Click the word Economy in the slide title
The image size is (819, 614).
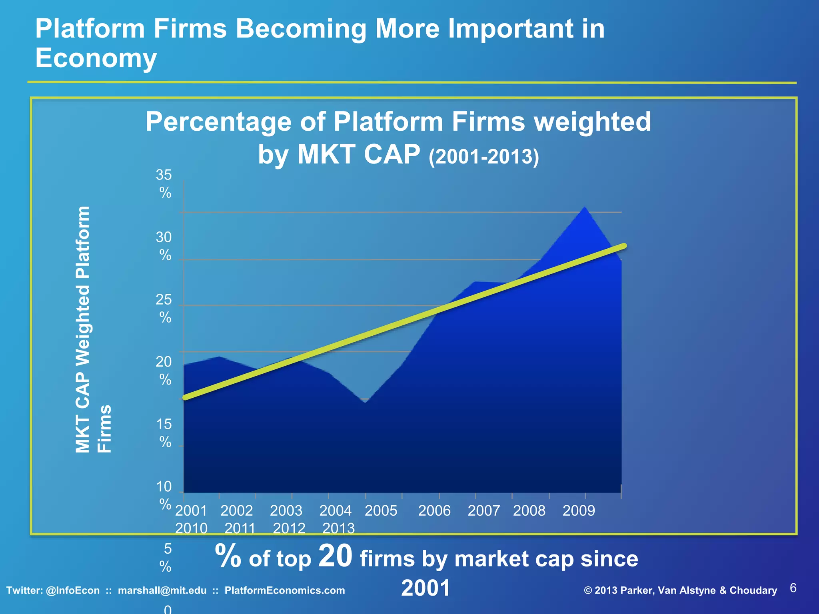(x=96, y=58)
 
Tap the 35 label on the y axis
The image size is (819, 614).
(x=164, y=175)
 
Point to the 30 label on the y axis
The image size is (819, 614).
(x=164, y=237)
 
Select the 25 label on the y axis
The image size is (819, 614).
(x=164, y=300)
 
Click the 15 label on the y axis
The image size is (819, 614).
(x=164, y=425)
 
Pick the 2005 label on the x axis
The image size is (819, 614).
(x=381, y=511)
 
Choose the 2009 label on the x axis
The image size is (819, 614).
(x=579, y=511)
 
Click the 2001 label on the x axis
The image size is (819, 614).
(x=191, y=511)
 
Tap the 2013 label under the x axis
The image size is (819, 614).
(x=338, y=528)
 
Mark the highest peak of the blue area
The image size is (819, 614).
(x=585, y=207)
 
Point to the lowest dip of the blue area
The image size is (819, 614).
(x=366, y=402)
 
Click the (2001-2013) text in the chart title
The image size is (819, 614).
(x=483, y=157)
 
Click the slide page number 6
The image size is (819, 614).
(x=793, y=588)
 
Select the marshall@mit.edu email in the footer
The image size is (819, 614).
(x=162, y=590)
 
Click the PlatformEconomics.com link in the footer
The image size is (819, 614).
(x=284, y=590)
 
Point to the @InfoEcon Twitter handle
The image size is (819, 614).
(x=73, y=590)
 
